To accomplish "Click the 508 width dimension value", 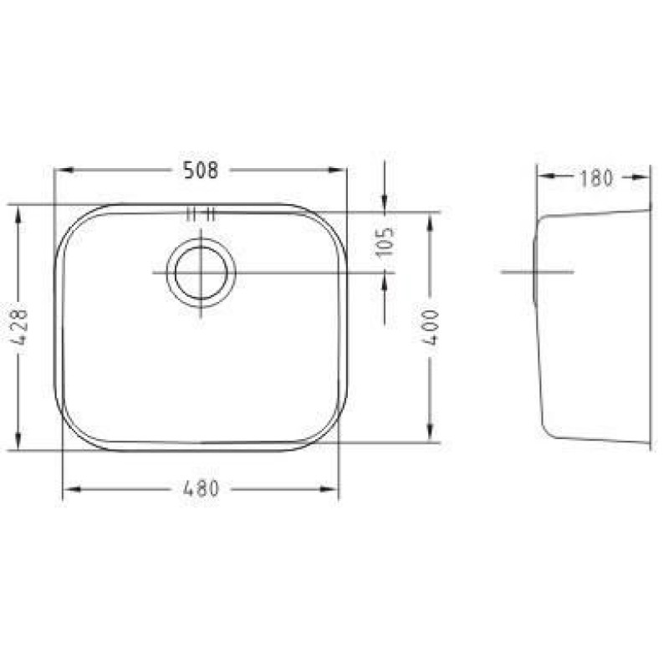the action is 201,171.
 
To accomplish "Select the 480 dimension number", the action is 201,489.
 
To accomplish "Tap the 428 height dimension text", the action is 18,327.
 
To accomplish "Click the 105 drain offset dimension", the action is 385,242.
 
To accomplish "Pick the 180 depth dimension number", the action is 595,178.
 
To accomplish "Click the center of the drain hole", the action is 201,273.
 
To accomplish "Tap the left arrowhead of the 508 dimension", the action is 65,171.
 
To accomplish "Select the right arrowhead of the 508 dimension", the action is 336,171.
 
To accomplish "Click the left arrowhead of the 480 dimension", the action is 73,489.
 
